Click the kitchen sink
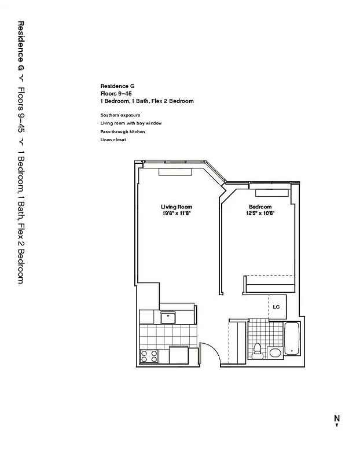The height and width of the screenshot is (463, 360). [168, 316]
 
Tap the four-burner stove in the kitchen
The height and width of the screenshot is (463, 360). [149, 355]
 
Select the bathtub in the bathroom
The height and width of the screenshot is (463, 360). [291, 339]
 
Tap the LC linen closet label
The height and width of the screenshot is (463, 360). [277, 307]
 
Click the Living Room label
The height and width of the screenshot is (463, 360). [177, 207]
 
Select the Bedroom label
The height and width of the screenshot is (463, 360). [260, 207]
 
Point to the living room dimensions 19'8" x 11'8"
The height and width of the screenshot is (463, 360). [177, 213]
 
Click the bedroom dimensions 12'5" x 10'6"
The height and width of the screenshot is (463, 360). [260, 213]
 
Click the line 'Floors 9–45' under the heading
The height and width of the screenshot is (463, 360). [117, 93]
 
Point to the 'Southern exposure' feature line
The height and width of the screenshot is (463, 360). [120, 115]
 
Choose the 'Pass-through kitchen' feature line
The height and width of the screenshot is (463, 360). [122, 132]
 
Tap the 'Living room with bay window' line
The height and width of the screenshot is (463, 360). [130, 123]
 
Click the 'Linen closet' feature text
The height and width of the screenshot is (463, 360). [113, 140]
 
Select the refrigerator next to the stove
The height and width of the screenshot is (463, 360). [178, 355]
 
